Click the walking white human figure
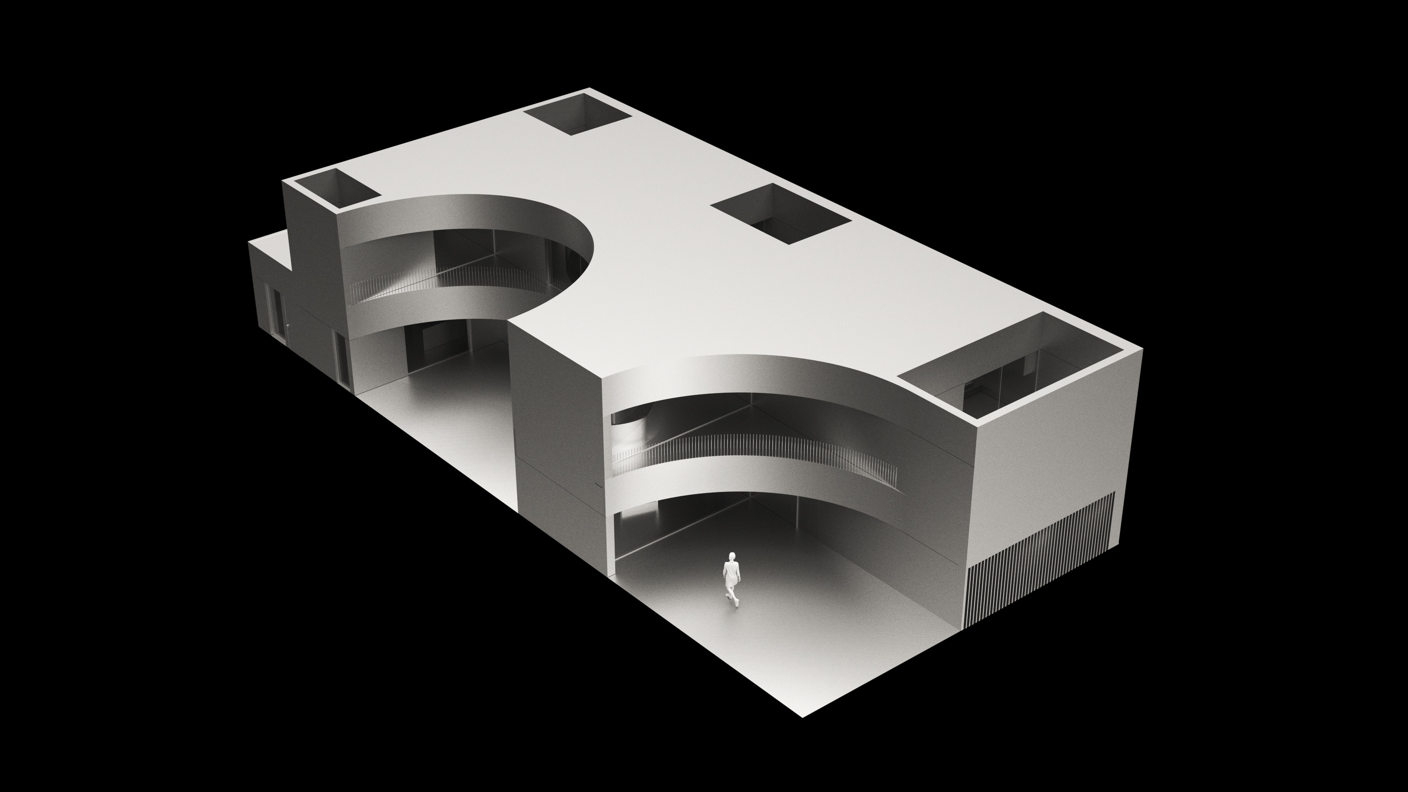click(731, 579)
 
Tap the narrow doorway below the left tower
click(341, 358)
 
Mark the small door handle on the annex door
click(284, 327)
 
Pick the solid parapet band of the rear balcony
click(432, 309)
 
